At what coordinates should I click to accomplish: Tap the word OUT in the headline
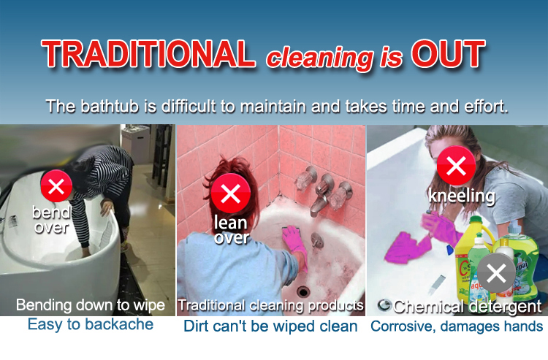448,55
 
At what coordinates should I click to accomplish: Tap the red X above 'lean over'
230,194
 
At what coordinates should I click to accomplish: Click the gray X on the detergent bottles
496,275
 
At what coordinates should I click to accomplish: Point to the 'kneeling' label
462,196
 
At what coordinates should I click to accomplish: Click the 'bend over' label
51,219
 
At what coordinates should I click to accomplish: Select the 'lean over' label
231,229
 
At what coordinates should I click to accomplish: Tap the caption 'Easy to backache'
91,324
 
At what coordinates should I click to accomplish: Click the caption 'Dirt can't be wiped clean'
270,326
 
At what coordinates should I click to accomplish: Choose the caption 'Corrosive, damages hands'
457,326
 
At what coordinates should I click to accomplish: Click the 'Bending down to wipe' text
91,305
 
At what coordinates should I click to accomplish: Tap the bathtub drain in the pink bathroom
303,291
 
